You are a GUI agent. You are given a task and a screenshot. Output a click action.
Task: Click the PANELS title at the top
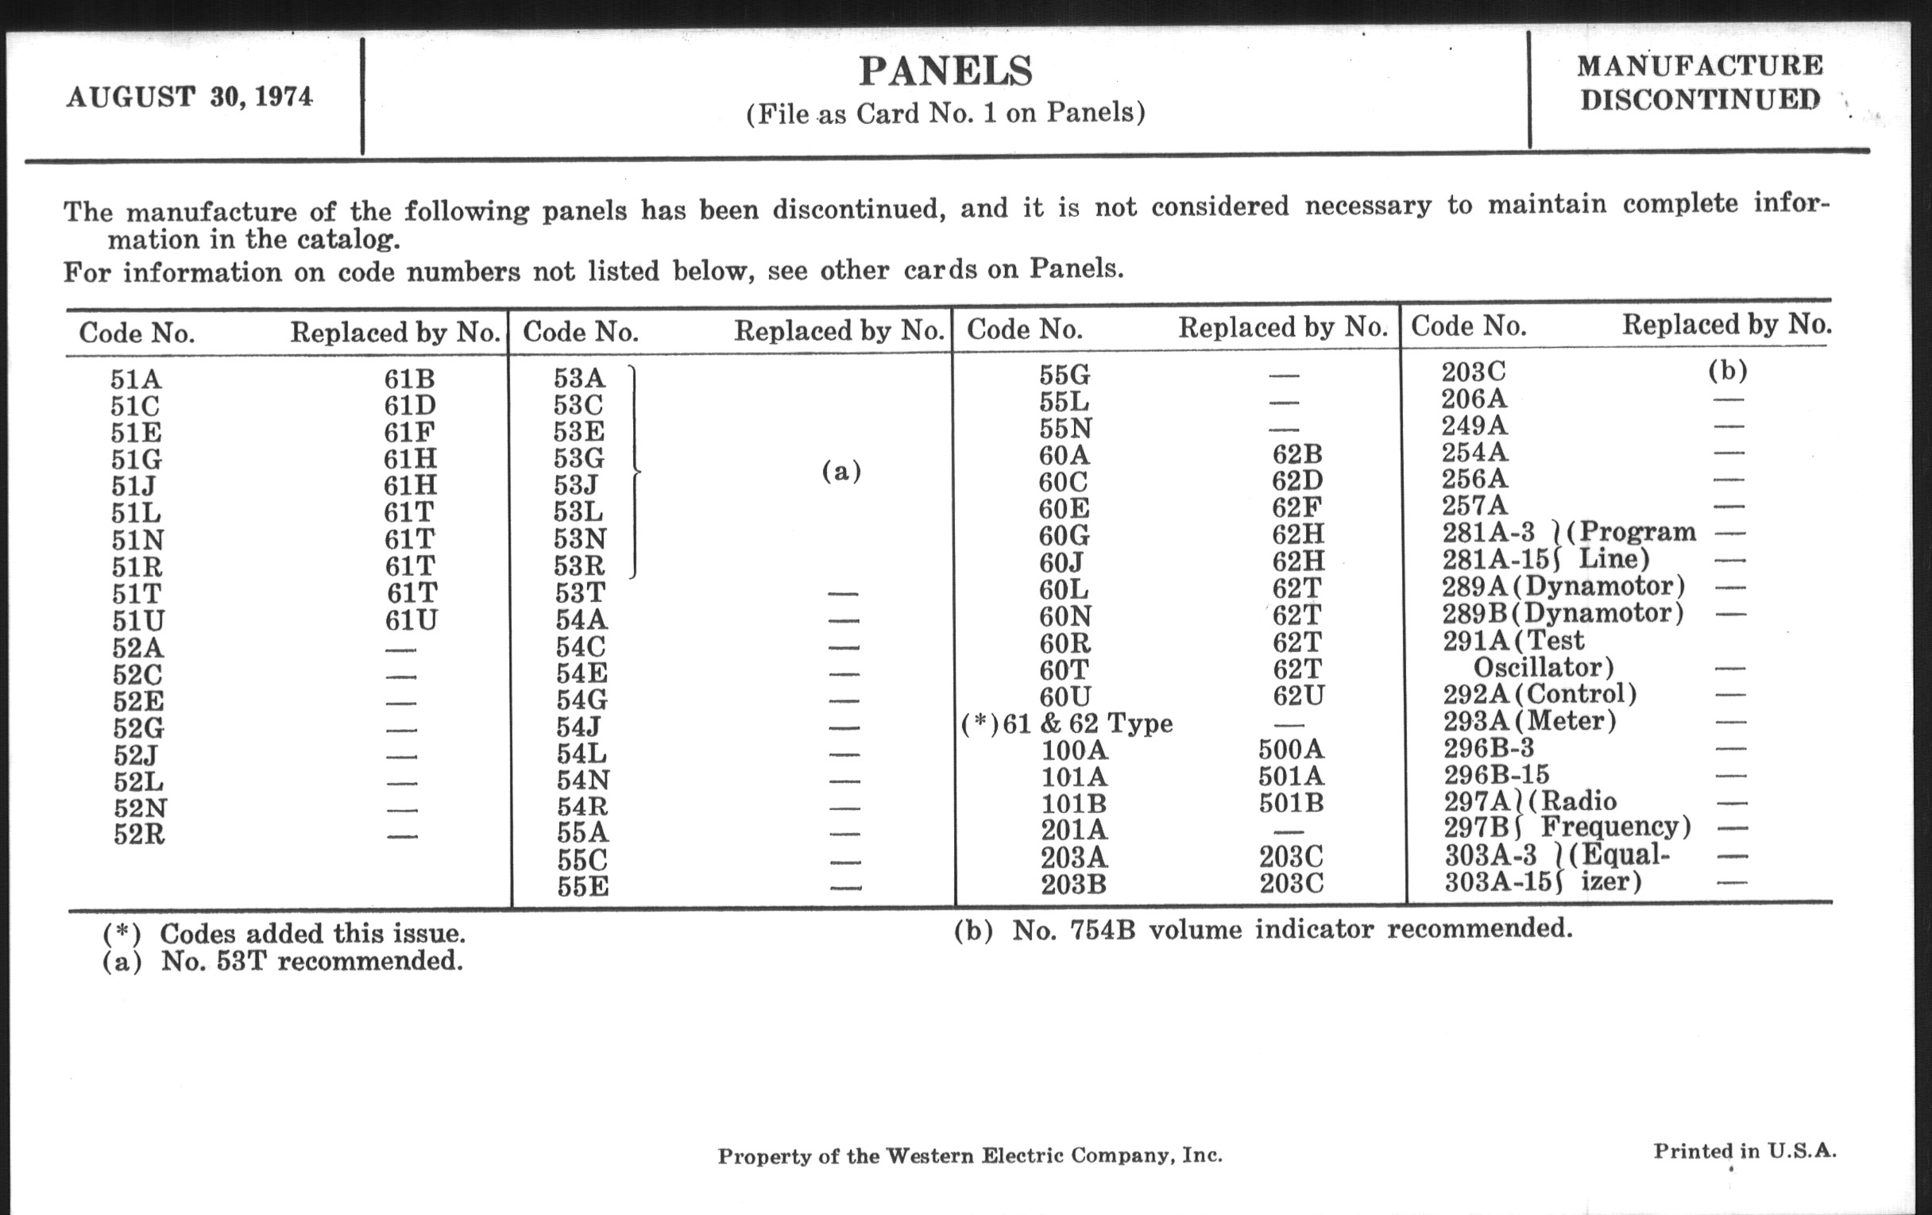tap(945, 71)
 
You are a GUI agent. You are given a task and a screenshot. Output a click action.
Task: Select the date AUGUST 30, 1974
tap(189, 97)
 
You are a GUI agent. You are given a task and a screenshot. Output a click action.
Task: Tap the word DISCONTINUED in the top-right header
tap(1699, 99)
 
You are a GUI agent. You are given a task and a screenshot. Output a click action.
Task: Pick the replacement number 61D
tap(409, 406)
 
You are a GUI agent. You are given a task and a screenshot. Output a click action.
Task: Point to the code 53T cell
tap(579, 593)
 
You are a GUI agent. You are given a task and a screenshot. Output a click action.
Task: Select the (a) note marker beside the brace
tap(840, 471)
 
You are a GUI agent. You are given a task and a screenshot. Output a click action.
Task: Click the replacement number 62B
tap(1296, 455)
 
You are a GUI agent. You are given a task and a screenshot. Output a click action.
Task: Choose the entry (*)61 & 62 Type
tap(1067, 724)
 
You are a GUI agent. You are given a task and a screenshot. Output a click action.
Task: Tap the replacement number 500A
tap(1290, 750)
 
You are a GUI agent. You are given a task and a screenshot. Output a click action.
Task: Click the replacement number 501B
tap(1290, 804)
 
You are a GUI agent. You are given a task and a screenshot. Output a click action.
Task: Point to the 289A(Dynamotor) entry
tap(1562, 586)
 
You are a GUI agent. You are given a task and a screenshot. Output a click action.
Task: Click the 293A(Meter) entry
tap(1529, 721)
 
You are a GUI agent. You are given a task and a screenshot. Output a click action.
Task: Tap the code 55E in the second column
tap(582, 887)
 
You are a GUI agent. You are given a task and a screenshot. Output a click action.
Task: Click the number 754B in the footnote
tap(1103, 930)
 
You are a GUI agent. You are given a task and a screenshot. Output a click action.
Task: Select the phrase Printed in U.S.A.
tap(1745, 1151)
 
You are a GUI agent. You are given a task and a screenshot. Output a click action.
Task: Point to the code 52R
tap(139, 835)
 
